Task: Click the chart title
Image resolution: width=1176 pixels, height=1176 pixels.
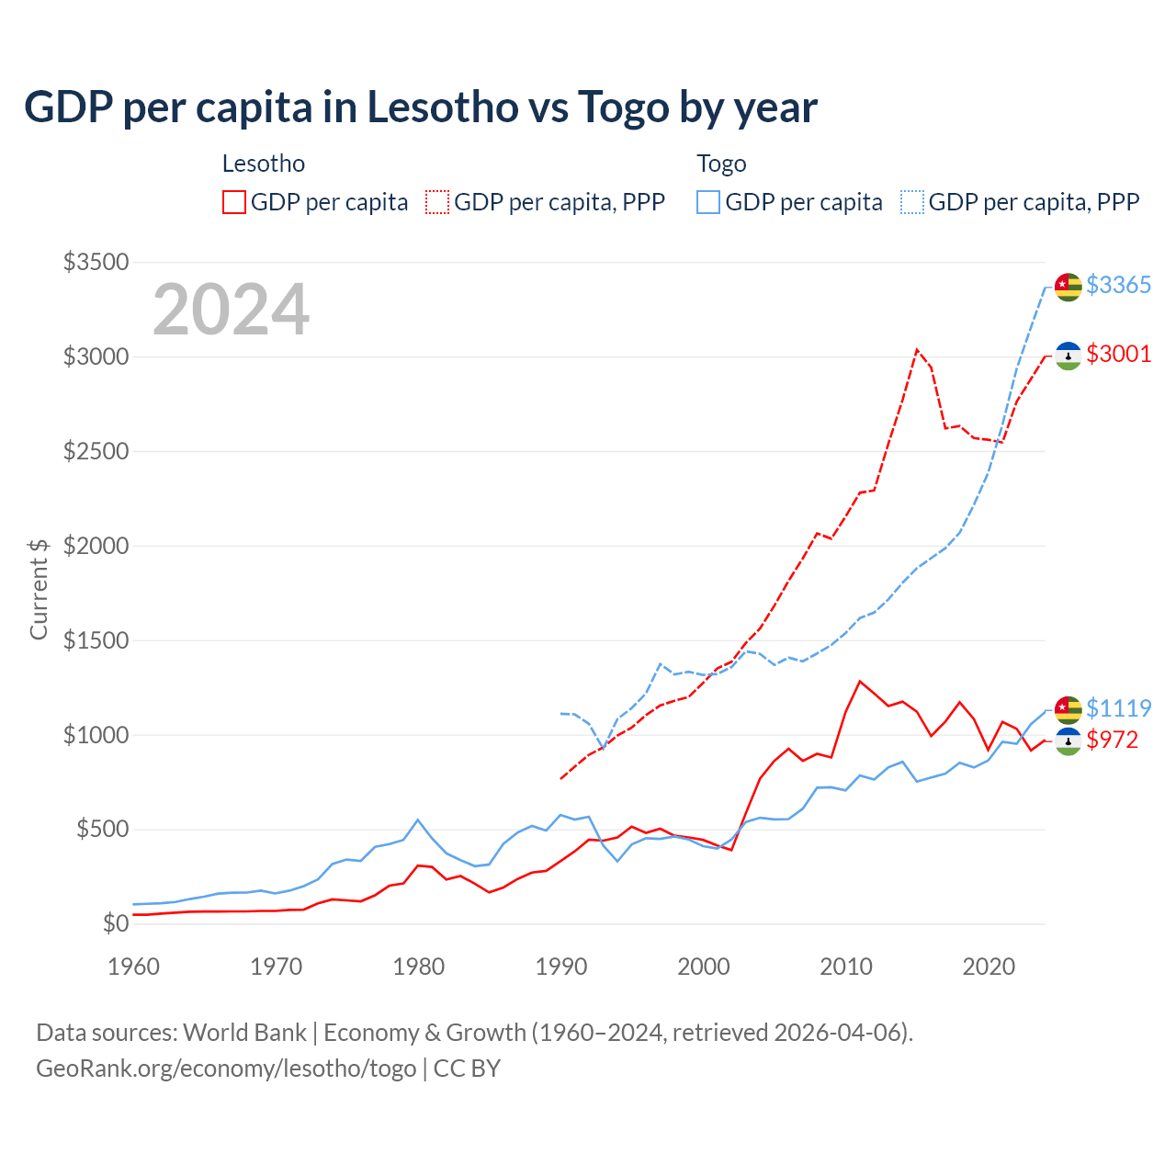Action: click(420, 107)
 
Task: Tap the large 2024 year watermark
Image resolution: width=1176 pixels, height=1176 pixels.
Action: click(231, 311)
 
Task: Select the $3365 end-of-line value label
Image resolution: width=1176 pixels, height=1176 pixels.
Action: click(1118, 286)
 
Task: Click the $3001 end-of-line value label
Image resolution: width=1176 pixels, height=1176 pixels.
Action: click(1118, 355)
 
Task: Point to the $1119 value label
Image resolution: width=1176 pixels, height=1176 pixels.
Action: click(1118, 708)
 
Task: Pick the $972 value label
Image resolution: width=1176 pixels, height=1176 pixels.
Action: click(1112, 741)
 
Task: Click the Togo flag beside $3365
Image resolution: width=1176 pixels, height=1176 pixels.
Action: click(1068, 287)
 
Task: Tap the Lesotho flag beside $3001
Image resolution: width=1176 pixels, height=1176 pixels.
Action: click(1068, 356)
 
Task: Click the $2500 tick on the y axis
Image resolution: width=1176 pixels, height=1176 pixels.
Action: click(96, 451)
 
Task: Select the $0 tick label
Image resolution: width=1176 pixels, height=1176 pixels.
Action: click(115, 923)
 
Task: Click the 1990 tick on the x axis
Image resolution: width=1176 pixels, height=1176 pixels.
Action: click(561, 967)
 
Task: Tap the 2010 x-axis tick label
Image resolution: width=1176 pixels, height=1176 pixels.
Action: click(846, 967)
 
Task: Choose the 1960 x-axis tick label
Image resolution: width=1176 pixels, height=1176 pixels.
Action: click(134, 967)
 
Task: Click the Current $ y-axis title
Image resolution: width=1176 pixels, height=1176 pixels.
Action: click(39, 589)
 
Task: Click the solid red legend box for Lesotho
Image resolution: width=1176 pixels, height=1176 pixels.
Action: click(234, 202)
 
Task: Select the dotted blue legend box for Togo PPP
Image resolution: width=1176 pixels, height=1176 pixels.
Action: click(912, 202)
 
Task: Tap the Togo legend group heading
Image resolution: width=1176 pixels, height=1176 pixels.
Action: click(721, 164)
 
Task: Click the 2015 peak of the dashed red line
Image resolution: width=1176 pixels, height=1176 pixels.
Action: click(917, 350)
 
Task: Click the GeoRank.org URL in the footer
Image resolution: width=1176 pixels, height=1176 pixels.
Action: click(226, 1069)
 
